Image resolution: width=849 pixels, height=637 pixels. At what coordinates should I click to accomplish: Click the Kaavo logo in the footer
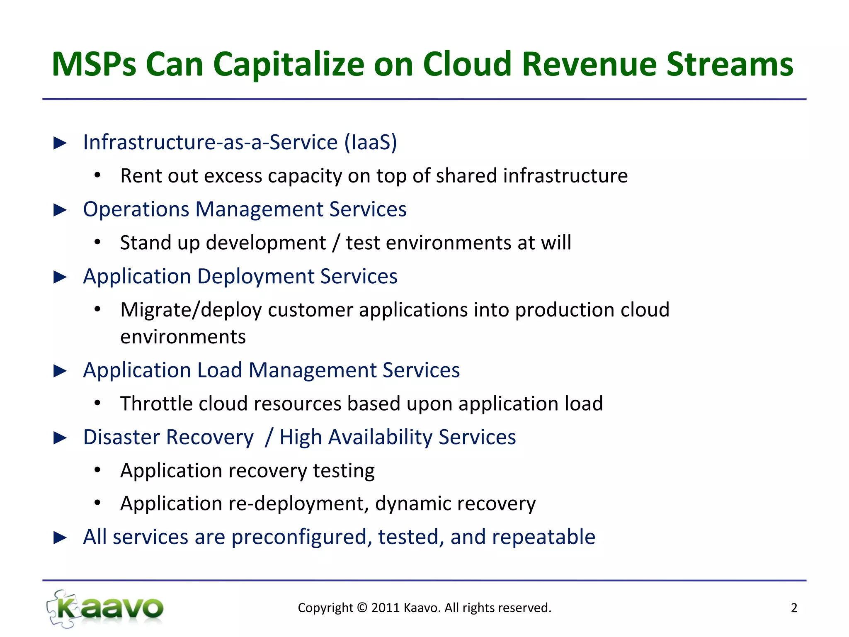coord(106,608)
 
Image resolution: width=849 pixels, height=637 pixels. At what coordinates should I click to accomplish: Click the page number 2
coord(794,608)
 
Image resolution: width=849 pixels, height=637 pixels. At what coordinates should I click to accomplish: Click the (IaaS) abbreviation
coord(371,142)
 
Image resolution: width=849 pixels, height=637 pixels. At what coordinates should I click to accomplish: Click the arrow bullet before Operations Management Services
coord(61,210)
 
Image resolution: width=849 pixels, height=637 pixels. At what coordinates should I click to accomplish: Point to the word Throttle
coord(156,404)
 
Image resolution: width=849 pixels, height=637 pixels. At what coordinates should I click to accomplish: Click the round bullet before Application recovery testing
coord(97,470)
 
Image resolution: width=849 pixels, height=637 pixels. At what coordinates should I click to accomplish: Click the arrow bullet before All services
coord(61,537)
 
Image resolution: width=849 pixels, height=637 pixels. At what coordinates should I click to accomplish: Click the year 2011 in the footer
coord(385,608)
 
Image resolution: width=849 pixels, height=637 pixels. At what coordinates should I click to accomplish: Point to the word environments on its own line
coord(183,337)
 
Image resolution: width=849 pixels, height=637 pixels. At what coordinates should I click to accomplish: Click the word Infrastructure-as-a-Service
coord(210,142)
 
